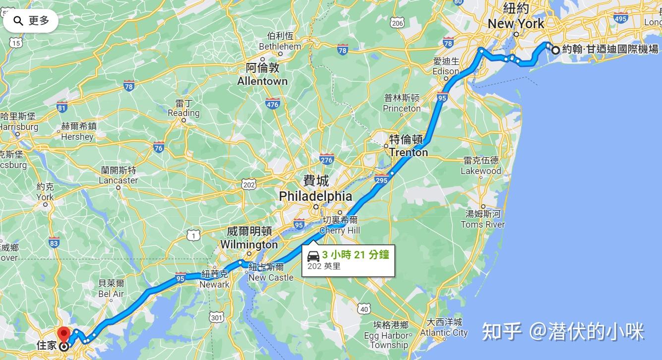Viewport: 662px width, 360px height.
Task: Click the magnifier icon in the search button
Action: (x=18, y=21)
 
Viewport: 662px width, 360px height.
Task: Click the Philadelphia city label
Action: (x=315, y=196)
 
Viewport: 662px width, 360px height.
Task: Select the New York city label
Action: (x=516, y=23)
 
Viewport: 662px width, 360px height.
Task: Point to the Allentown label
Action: (x=262, y=81)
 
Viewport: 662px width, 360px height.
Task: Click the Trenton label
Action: (x=408, y=152)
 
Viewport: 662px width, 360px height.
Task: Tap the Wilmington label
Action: (x=249, y=244)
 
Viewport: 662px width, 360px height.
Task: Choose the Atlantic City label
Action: (x=444, y=333)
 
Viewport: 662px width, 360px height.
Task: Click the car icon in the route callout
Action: (x=313, y=256)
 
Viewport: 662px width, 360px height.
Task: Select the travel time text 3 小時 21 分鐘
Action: (x=356, y=255)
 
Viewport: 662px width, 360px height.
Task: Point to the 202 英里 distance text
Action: (x=324, y=266)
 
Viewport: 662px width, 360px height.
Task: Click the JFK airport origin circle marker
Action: (x=555, y=50)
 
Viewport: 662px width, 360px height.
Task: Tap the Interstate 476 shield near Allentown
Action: (x=272, y=104)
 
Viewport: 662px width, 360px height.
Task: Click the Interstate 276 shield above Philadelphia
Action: (x=326, y=160)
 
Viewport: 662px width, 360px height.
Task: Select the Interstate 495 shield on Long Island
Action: (x=620, y=18)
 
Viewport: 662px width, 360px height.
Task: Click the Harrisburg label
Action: (x=19, y=127)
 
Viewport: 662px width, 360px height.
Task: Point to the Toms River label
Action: (x=482, y=224)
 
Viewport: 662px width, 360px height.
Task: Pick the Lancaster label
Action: (x=118, y=180)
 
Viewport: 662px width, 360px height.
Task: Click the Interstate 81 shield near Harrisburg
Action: (x=62, y=107)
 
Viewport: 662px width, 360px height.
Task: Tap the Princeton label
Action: (x=402, y=109)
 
